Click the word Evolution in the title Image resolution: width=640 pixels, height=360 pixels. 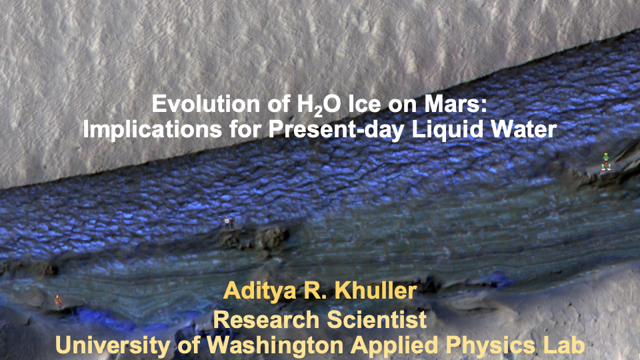pyautogui.click(x=206, y=104)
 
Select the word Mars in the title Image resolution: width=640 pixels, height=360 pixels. pyautogui.click(x=455, y=104)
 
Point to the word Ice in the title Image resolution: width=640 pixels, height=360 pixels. pyautogui.click(x=365, y=104)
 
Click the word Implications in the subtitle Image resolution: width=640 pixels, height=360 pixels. pyautogui.click(x=152, y=129)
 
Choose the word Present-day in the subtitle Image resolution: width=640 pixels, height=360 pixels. pyautogui.click(x=336, y=129)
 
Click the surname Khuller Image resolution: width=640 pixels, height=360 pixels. pyautogui.click(x=375, y=291)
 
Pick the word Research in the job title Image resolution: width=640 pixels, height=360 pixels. pyautogui.click(x=266, y=319)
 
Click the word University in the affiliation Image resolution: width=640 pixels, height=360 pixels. pyautogui.click(x=113, y=345)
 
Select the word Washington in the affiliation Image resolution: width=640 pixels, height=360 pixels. pyautogui.click(x=275, y=345)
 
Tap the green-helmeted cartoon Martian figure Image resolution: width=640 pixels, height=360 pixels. pyautogui.click(x=606, y=162)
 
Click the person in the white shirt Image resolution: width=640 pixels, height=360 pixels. pyautogui.click(x=227, y=223)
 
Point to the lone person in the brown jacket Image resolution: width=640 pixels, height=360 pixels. pyautogui.click(x=59, y=301)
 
